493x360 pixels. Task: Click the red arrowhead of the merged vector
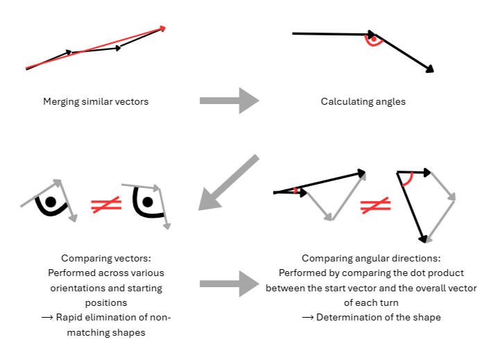[x=163, y=28]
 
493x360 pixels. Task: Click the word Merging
[x=61, y=102]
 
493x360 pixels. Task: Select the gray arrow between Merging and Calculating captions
[x=230, y=101]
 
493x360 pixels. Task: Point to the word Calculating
[x=345, y=102]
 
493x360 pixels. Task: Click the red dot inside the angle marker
[x=373, y=40]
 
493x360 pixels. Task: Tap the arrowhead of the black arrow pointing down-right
[x=430, y=69]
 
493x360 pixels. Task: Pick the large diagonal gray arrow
[x=229, y=182]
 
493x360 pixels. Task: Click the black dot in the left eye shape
[x=51, y=202]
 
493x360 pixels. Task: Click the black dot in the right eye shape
[x=148, y=202]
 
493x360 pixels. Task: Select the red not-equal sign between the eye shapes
[x=106, y=205]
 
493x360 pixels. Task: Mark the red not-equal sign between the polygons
[x=375, y=205]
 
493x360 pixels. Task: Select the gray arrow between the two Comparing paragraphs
[x=230, y=284]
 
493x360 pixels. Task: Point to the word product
[x=446, y=273]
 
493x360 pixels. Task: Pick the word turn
[x=389, y=303]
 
